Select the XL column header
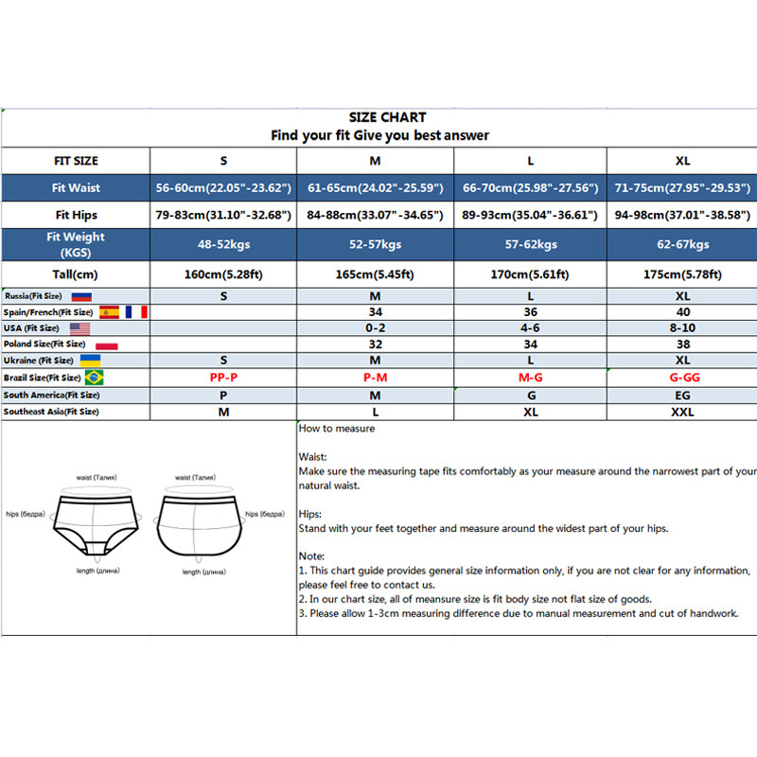[681, 161]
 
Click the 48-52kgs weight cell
[224, 244]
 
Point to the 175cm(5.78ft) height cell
[681, 275]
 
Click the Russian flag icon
[82, 296]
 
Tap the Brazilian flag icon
[94, 378]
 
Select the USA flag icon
[78, 328]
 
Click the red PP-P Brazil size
[224, 378]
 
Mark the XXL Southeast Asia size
[682, 412]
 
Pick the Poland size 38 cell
[682, 344]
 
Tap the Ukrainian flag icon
[90, 361]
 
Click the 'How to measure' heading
[337, 429]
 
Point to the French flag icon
[136, 312]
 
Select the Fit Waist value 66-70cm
[528, 188]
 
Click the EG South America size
[682, 395]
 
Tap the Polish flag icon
[106, 344]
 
